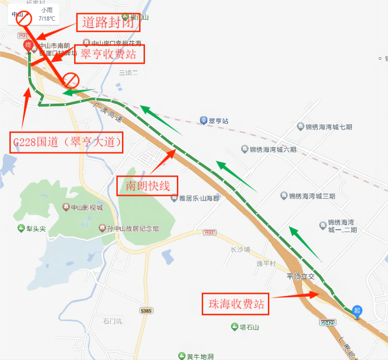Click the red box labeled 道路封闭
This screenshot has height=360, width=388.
click(x=108, y=22)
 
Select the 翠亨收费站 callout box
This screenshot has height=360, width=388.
click(x=109, y=54)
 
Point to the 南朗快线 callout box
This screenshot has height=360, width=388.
click(x=147, y=186)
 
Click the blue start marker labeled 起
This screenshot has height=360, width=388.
click(x=358, y=310)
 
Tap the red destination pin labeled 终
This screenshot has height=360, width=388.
click(x=28, y=46)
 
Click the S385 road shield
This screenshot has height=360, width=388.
click(x=146, y=311)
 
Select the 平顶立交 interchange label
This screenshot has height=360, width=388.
click(x=301, y=277)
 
